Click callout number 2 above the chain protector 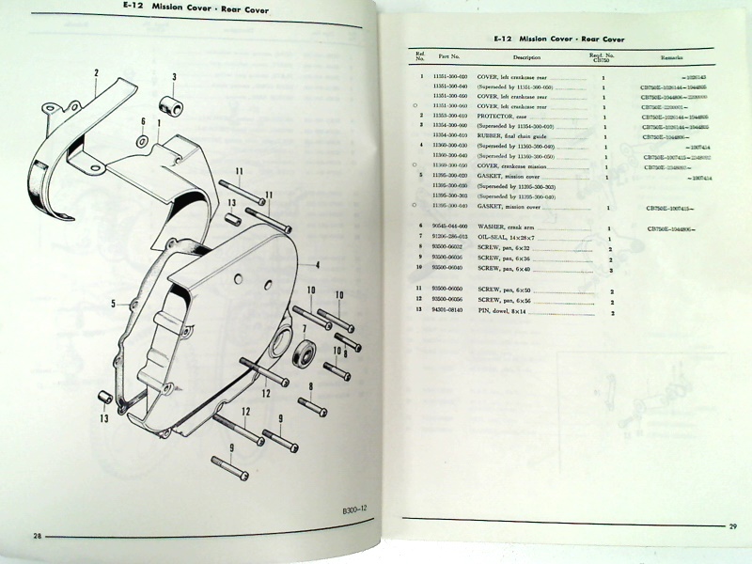pyautogui.click(x=95, y=71)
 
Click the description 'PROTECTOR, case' pyautogui.click(x=506, y=117)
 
